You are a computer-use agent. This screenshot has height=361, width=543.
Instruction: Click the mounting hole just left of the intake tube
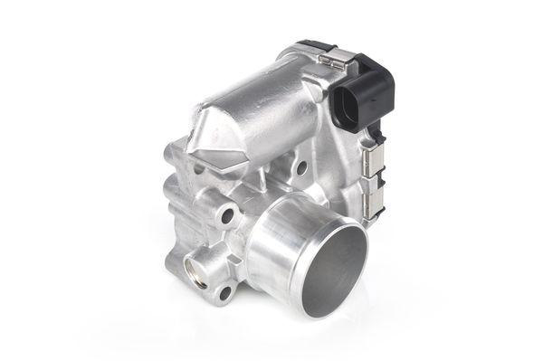point(227,215)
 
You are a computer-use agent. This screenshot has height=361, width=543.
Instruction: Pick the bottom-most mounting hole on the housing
point(223,290)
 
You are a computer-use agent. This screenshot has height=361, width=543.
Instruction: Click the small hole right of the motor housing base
point(300,168)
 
